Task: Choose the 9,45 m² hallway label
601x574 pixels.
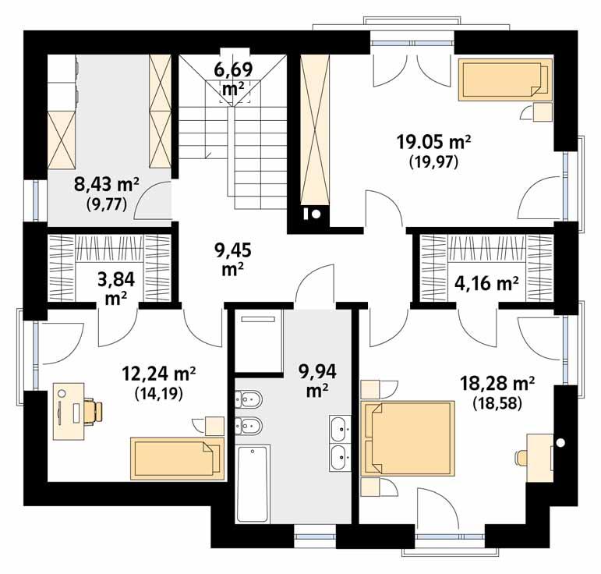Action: tap(230, 258)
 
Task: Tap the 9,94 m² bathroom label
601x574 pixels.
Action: tap(313, 378)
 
